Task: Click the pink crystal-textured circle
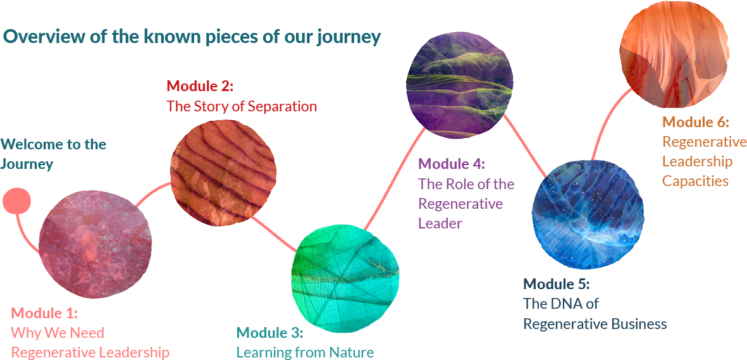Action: (x=95, y=243)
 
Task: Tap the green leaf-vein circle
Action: (x=345, y=278)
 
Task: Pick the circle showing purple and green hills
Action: (x=459, y=85)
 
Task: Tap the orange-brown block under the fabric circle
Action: (x=696, y=152)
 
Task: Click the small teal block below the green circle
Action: (x=266, y=342)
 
